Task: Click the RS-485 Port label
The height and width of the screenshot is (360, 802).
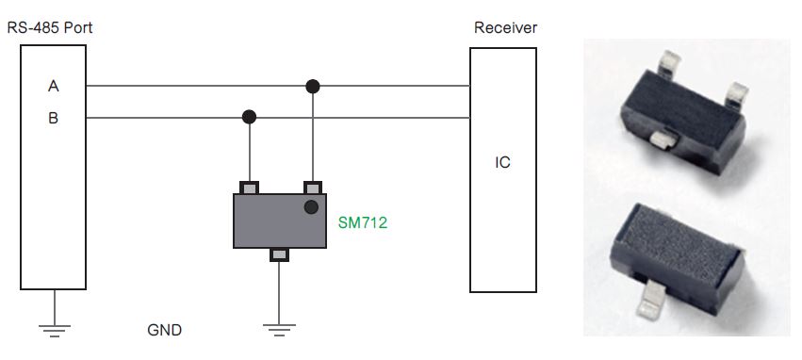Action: tap(49, 27)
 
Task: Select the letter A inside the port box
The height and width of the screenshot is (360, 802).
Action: tap(54, 87)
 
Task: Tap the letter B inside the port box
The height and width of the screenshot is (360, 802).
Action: tap(54, 119)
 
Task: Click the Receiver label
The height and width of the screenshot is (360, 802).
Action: tap(505, 27)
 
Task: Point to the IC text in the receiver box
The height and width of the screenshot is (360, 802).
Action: tap(502, 163)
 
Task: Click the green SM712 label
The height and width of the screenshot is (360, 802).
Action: tap(363, 223)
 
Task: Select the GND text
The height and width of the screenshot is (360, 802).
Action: tap(164, 331)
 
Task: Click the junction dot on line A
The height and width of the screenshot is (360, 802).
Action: tap(313, 87)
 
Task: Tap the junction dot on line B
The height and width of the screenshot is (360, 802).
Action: tap(249, 118)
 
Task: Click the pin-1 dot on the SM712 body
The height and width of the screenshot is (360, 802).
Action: tap(309, 207)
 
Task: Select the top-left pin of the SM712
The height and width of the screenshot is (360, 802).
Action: tap(250, 187)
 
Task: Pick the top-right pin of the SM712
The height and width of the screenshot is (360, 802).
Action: tap(312, 187)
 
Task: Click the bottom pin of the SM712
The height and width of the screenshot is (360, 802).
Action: tap(280, 254)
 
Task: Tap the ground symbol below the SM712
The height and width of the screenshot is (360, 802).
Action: tap(280, 326)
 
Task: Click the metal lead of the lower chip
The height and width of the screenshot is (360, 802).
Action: tap(655, 303)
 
